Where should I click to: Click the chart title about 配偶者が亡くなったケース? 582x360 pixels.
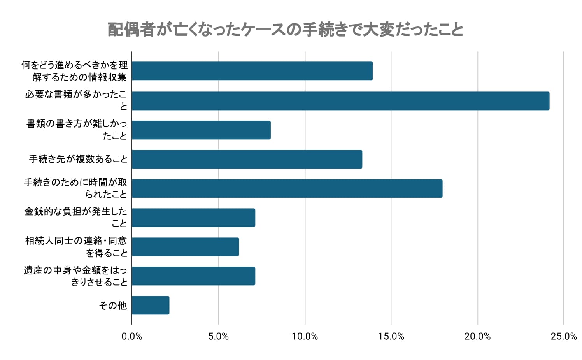point(285,30)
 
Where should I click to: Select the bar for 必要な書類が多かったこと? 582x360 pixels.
point(340,101)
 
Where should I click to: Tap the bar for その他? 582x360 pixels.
point(151,305)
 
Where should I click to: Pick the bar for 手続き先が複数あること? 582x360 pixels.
point(247,159)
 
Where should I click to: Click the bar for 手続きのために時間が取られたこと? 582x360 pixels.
point(287,188)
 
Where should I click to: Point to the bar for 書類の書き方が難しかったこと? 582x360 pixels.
point(201,130)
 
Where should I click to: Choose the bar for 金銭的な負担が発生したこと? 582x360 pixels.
point(193,218)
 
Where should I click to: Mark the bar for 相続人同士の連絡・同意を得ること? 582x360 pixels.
point(185,247)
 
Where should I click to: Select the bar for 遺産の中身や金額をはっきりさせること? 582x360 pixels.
point(193,276)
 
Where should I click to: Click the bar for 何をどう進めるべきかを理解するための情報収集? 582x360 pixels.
point(252,71)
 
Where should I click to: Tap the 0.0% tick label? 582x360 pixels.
point(132,337)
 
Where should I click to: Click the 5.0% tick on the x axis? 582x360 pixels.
point(218,337)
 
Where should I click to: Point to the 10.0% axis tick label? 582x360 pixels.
point(305,337)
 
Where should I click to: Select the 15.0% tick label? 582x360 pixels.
point(391,337)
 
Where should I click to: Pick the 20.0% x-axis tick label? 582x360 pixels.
point(477,337)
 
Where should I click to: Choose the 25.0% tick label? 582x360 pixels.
point(564,337)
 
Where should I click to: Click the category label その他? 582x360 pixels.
point(113,306)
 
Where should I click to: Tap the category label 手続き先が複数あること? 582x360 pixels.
point(78,159)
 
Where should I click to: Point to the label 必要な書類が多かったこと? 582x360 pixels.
point(76,100)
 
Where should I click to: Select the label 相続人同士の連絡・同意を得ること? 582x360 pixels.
point(76,247)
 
